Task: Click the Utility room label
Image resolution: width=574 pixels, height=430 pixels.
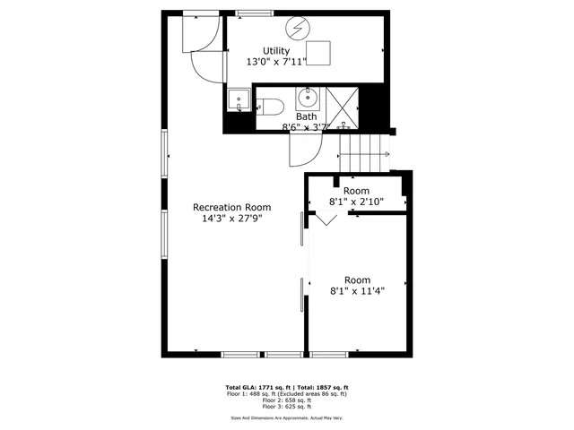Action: [x=276, y=50]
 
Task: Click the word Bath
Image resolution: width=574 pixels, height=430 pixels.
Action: [x=307, y=116]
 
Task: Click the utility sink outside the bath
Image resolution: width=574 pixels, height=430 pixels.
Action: [x=238, y=100]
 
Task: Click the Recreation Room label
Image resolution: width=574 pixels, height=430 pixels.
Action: [x=232, y=207]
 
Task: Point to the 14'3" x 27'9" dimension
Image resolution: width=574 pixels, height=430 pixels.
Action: [x=232, y=219]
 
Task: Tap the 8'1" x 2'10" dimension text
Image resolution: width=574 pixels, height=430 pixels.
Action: [x=356, y=202]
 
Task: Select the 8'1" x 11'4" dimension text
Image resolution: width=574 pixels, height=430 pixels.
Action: [x=358, y=290]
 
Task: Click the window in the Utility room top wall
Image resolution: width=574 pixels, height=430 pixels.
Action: [x=256, y=13]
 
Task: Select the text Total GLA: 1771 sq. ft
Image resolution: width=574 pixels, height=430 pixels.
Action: [x=262, y=387]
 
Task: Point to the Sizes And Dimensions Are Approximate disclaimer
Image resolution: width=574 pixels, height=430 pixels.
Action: [x=287, y=417]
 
